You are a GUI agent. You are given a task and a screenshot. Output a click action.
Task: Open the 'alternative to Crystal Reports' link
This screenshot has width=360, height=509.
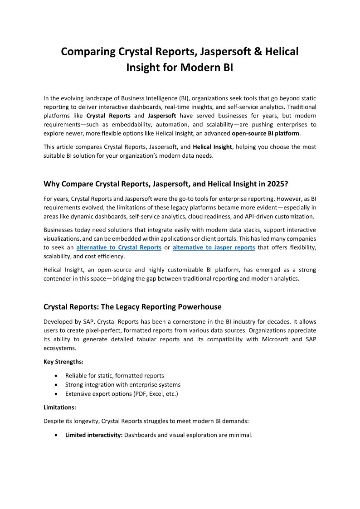click(119, 247)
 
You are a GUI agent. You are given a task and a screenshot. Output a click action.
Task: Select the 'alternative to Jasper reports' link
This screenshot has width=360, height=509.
click(214, 247)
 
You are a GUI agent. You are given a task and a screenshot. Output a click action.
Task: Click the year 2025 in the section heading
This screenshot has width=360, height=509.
click(277, 184)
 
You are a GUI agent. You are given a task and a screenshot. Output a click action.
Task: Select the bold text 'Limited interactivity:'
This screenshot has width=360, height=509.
click(94, 435)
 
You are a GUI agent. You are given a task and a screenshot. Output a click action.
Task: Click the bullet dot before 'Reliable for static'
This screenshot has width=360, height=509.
click(55, 376)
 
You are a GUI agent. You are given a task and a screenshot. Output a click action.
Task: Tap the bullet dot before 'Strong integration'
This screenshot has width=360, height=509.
click(55, 385)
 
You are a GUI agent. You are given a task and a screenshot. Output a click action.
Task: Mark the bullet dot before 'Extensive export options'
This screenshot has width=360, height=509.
click(55, 394)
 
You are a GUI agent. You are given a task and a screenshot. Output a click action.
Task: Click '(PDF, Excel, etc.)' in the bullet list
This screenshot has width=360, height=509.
click(156, 394)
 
